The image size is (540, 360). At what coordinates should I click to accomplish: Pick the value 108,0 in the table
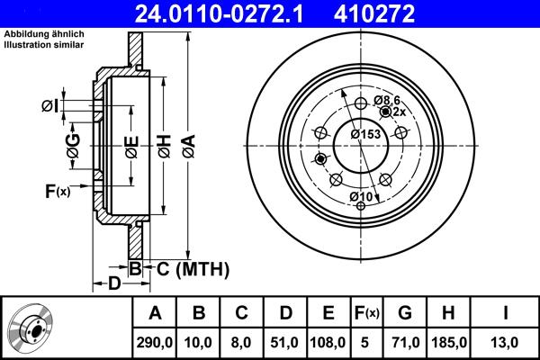point(328,342)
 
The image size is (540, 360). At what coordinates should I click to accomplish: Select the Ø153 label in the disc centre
point(364,134)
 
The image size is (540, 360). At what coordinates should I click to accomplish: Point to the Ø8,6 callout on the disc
point(386,99)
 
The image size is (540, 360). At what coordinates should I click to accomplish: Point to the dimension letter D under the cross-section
point(114,285)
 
